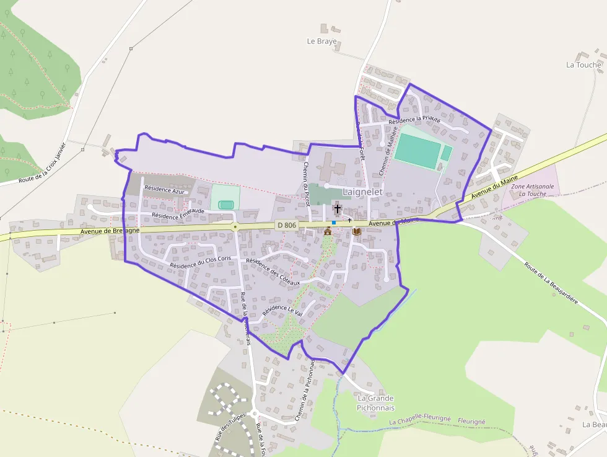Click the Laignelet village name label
click(x=362, y=192)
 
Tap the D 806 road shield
click(x=287, y=225)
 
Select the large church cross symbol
click(x=338, y=208)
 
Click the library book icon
click(x=357, y=231)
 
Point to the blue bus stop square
click(x=334, y=223)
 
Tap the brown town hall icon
click(x=328, y=231)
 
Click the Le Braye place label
click(x=322, y=42)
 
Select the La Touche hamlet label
click(x=583, y=64)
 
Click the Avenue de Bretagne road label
click(x=110, y=231)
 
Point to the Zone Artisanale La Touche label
click(x=529, y=190)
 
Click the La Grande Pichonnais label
click(x=375, y=403)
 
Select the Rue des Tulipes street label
click(x=230, y=426)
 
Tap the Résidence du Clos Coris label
click(x=200, y=262)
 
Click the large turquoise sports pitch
click(x=417, y=150)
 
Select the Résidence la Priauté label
click(x=414, y=118)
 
